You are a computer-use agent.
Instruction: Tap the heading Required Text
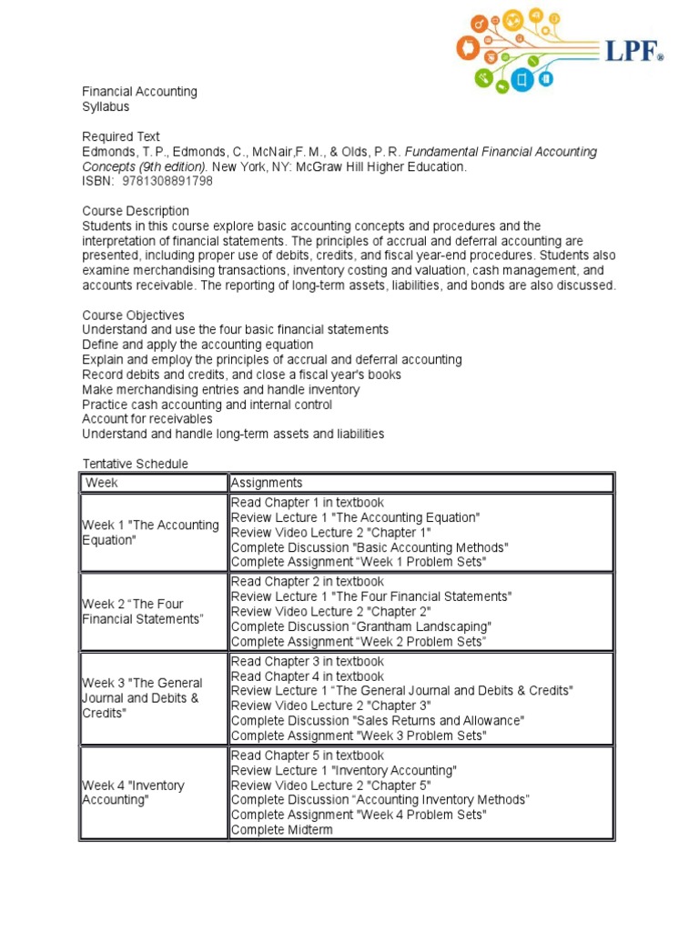121,136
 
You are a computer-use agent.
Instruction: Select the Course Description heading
136,211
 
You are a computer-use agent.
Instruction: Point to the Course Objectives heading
133,315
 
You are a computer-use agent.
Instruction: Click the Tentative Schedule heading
136,464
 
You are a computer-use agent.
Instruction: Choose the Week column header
102,483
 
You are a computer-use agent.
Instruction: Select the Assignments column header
267,483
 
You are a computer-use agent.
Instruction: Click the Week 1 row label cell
151,532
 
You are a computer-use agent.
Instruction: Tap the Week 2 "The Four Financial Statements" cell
143,611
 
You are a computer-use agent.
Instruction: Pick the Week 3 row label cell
143,697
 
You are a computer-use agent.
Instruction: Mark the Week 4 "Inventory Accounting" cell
134,792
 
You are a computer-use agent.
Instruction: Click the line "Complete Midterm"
282,829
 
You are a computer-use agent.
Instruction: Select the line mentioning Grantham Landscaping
361,626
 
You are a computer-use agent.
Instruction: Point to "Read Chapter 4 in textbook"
308,676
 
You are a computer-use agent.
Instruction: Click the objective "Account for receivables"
147,419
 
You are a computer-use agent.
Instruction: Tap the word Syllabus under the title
106,106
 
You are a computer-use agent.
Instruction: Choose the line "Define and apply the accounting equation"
198,345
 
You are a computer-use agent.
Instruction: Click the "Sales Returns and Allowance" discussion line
378,720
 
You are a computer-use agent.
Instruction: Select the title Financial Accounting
139,92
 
